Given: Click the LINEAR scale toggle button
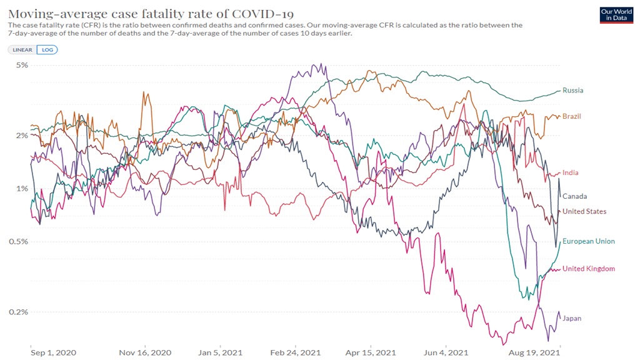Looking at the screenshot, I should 22,49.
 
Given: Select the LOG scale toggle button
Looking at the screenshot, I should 47,49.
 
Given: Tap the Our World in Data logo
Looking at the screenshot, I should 616,15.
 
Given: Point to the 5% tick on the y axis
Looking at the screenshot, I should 22,65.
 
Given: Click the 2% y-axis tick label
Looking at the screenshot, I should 22,136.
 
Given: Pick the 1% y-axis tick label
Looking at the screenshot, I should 22,189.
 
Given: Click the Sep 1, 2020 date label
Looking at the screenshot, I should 53,352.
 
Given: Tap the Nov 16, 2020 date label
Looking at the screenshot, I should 145,352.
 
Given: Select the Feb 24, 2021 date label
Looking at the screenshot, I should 296,352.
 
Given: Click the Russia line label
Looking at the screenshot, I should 573,91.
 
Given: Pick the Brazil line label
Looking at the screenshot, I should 572,117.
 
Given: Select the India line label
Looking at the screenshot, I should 571,173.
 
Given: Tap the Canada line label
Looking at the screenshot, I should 574,196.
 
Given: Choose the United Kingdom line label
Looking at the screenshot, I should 589,269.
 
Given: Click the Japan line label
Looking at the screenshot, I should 572,319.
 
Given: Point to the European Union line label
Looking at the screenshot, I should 589,241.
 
